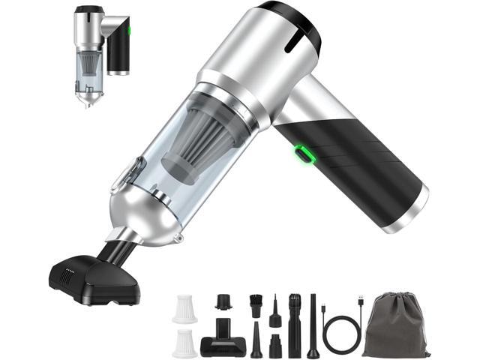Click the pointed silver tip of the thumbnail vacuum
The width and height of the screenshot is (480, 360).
89,102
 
